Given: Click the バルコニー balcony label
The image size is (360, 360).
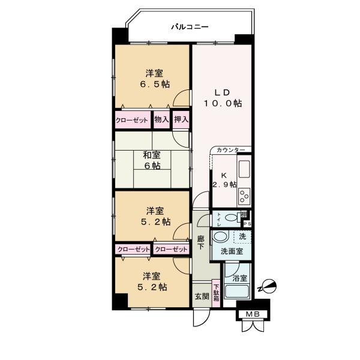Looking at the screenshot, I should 189,26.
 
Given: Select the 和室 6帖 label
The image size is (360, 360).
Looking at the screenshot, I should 151,160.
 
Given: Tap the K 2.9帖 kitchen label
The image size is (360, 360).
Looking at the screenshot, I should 224,179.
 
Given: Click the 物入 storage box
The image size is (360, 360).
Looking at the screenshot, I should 161,119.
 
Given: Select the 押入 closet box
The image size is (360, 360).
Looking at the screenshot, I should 181,119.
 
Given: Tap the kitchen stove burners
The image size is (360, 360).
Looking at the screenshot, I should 244,196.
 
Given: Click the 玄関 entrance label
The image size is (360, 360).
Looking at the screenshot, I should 201,296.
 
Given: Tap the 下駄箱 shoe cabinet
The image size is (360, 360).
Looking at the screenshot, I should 216,295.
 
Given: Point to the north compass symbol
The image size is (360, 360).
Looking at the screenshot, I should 268,287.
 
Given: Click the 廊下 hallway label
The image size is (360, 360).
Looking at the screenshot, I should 201,242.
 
